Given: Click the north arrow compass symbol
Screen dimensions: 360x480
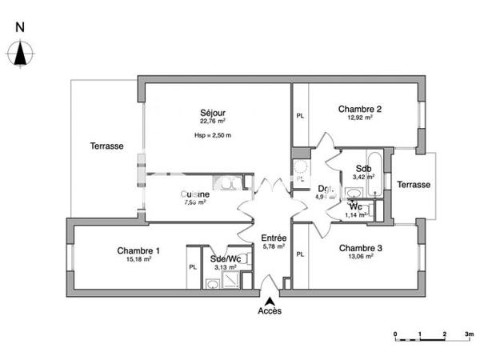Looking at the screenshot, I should [x=21, y=54].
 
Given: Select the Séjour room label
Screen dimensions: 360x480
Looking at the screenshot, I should [x=211, y=113].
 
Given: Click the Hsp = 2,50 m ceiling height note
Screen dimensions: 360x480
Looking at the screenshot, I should [x=212, y=135].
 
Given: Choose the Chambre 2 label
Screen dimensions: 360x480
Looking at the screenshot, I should [x=359, y=109].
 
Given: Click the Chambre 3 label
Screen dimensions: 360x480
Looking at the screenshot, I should [x=359, y=248].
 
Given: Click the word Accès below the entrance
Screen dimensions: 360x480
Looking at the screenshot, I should [x=269, y=311].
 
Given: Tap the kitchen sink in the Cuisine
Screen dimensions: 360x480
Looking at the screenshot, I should [x=228, y=183].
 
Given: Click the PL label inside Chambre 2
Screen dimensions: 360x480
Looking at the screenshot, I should [x=301, y=116].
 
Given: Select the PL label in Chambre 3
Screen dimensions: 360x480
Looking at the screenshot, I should [x=301, y=254].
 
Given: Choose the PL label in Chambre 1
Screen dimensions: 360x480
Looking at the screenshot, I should [x=192, y=267].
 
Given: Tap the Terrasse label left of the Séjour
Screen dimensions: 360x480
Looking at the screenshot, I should [x=106, y=146].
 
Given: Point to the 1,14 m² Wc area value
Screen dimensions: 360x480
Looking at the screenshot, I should [x=356, y=214].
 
